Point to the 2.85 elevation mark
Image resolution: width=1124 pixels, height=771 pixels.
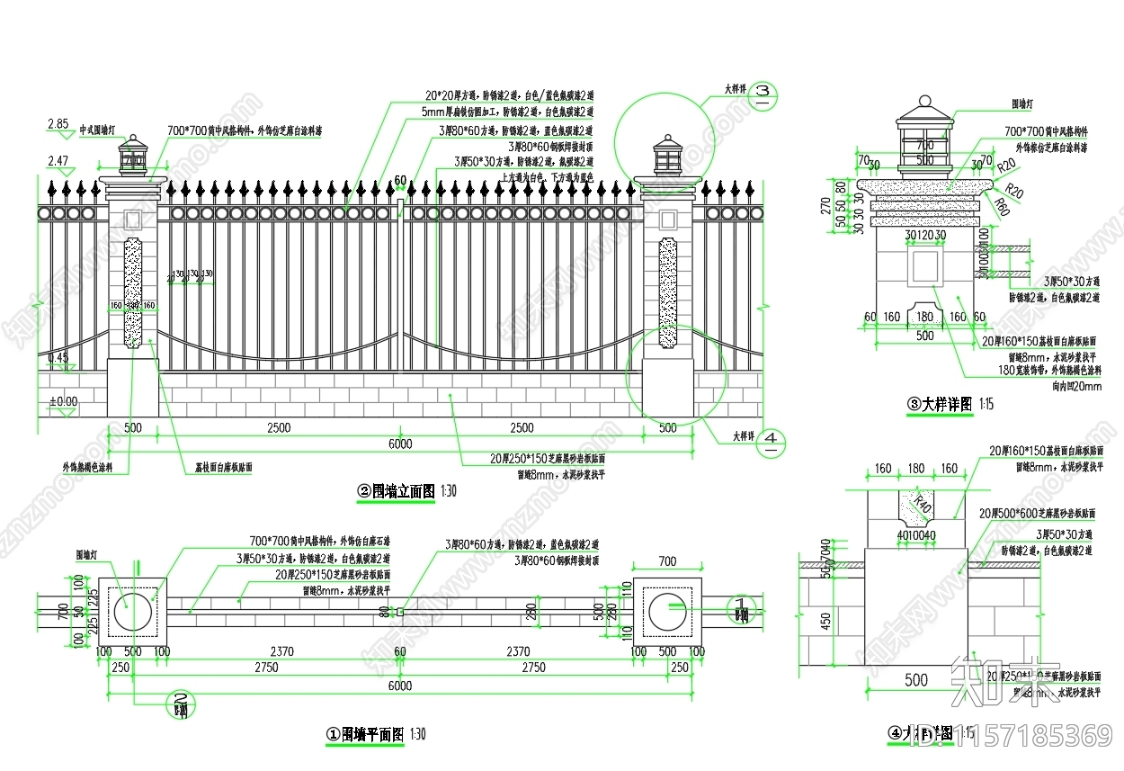click(x=58, y=124)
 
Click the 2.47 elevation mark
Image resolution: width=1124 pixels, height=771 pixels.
click(x=58, y=161)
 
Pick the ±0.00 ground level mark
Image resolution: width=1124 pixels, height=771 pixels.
click(x=63, y=401)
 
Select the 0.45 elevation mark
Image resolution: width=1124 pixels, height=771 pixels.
click(x=58, y=358)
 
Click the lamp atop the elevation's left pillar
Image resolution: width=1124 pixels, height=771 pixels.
click(x=133, y=155)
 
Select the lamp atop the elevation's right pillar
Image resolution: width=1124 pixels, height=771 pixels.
click(x=667, y=155)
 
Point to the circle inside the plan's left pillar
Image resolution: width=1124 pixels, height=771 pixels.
click(x=133, y=611)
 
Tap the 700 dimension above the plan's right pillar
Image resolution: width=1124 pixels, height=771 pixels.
click(x=667, y=562)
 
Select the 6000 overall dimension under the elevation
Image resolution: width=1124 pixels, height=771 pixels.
click(x=400, y=444)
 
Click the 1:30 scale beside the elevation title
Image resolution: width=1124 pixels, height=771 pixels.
click(x=448, y=491)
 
